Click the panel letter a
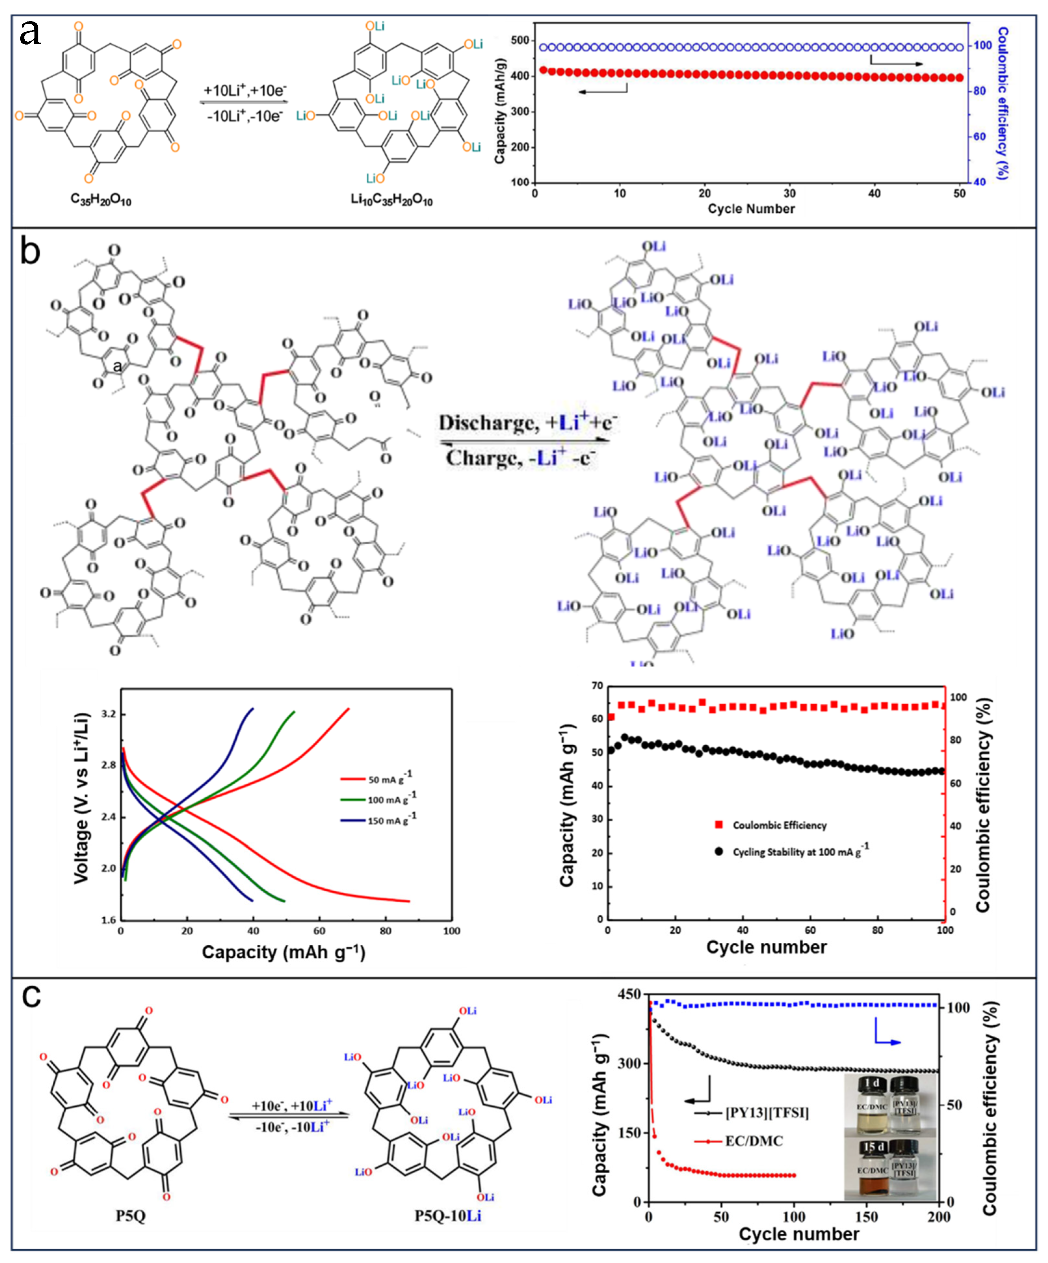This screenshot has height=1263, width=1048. [30, 33]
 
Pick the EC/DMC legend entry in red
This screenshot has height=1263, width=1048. [754, 1141]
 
